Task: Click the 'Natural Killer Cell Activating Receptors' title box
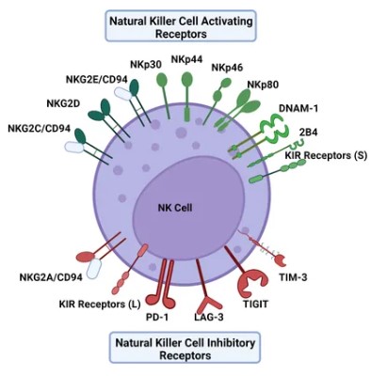point(194,26)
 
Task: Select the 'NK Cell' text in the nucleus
point(176,207)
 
